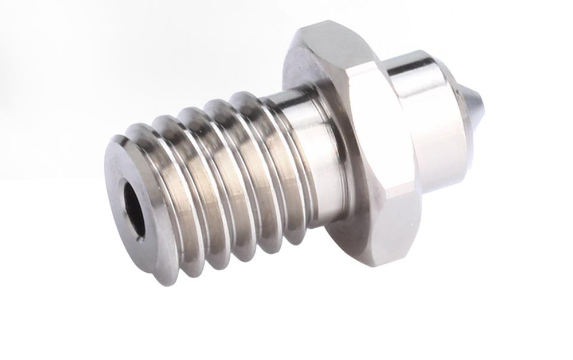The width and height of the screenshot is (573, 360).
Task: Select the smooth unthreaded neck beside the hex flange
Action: [x=315, y=155]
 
